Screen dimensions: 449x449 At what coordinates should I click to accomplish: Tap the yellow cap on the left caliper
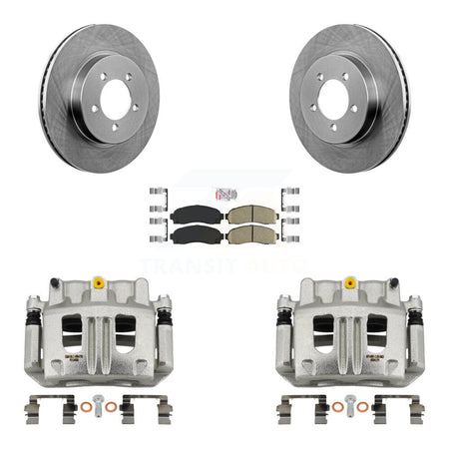click(x=99, y=283)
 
